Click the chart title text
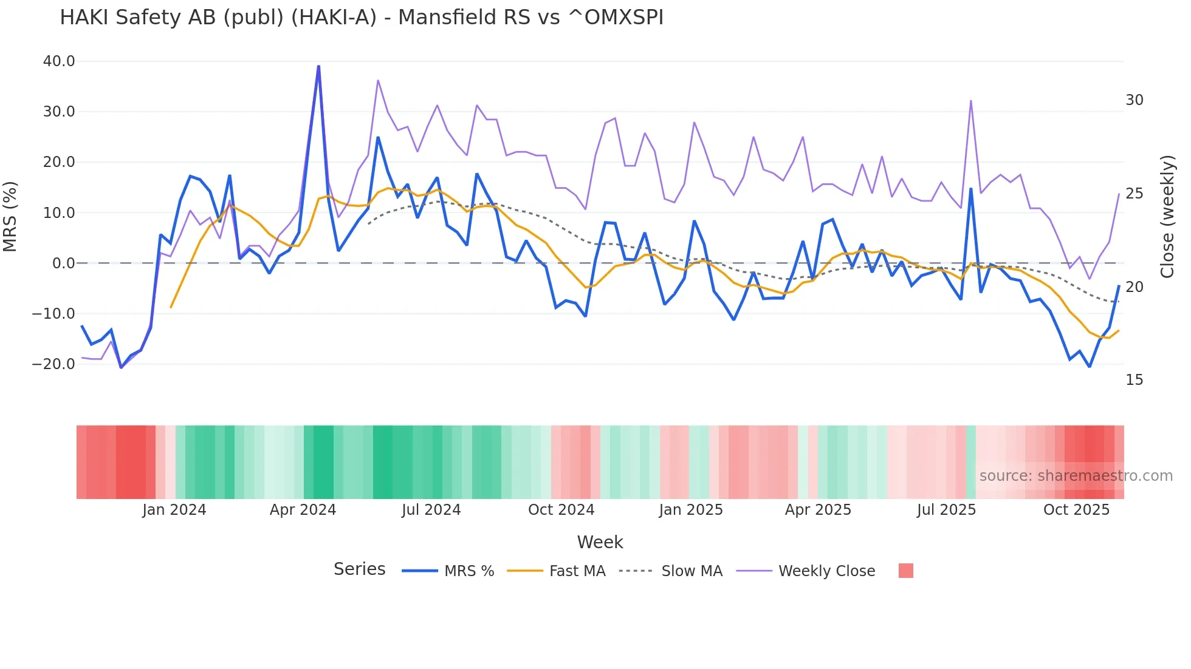(362, 18)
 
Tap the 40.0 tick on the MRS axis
(59, 61)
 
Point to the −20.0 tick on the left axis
(53, 364)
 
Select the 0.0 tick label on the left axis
(63, 263)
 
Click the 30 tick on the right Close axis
(1134, 100)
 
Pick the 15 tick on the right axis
(1134, 380)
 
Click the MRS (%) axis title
(10, 216)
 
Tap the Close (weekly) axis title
(1167, 216)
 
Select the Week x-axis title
(600, 542)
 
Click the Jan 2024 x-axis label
(174, 510)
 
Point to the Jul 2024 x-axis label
(431, 510)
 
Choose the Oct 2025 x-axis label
(1076, 510)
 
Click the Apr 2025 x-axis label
(818, 510)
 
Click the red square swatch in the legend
(905, 571)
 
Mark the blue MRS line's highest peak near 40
(318, 66)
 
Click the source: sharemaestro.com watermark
(1076, 476)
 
